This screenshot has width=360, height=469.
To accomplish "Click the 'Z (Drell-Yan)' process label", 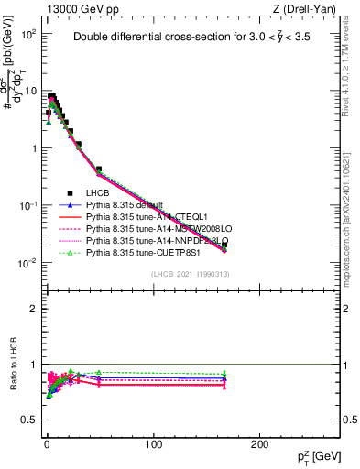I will (307, 9).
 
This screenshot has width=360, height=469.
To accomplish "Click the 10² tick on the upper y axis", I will (27, 34).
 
